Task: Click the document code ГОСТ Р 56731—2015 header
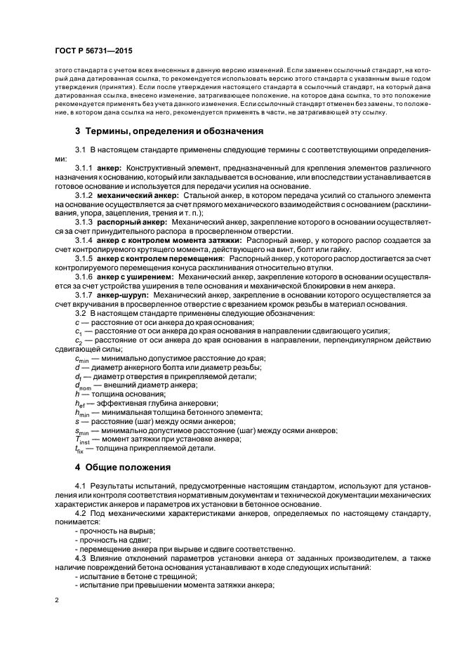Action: tap(92, 51)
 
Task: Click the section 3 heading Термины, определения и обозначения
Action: tap(169, 131)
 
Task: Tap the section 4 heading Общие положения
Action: tap(135, 467)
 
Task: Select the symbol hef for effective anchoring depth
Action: tap(81, 403)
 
